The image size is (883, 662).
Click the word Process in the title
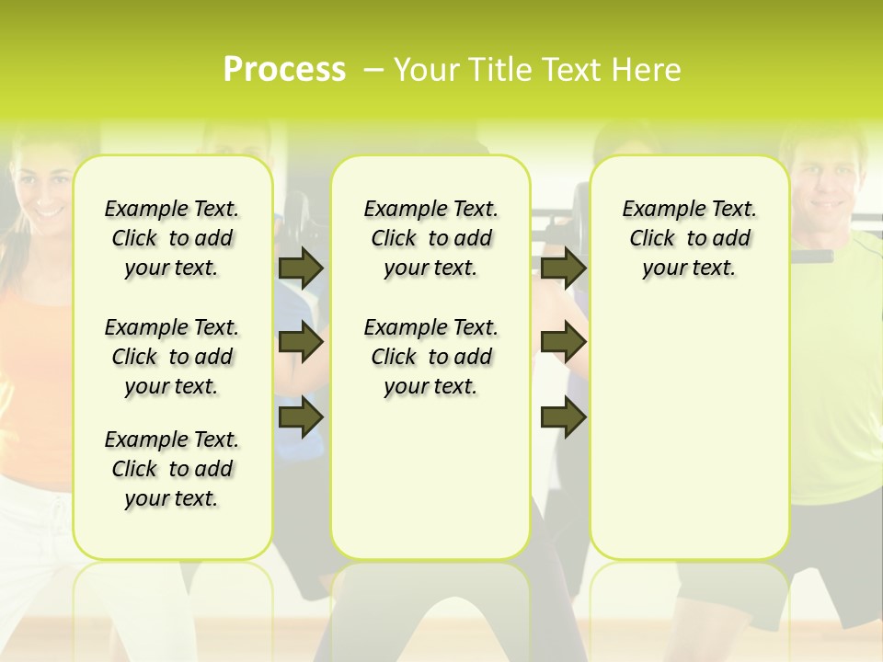coord(284,70)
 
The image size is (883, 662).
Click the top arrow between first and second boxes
coord(301,268)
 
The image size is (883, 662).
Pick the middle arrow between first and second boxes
coord(301,343)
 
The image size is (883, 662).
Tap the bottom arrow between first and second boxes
coord(301,417)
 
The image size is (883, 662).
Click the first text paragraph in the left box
coord(172,238)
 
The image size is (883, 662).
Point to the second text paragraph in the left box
coord(172,357)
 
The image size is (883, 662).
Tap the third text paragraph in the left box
coord(172,469)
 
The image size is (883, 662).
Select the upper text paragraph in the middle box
coord(430,238)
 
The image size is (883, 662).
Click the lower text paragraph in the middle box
coord(430,357)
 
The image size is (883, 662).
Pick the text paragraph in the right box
coord(689,238)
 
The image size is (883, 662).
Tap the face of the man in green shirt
coord(828,184)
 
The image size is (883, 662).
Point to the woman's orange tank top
coord(37,368)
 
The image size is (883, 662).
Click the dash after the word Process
coord(373,71)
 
